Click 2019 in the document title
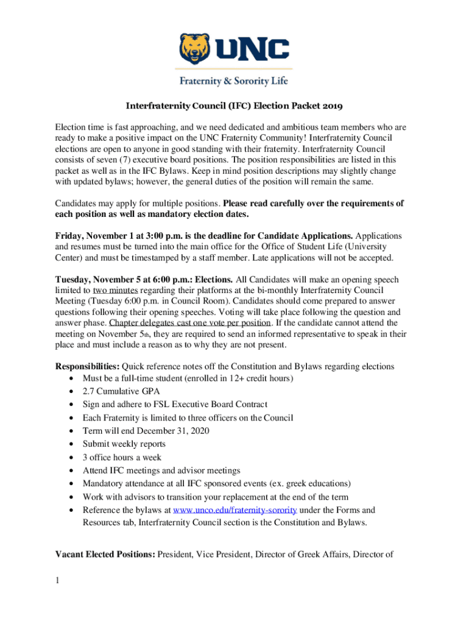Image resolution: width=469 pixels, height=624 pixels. [x=331, y=106]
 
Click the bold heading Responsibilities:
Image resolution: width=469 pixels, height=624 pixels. [x=87, y=366]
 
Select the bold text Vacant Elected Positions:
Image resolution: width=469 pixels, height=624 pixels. [x=105, y=555]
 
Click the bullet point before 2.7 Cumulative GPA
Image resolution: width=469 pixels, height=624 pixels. [x=73, y=392]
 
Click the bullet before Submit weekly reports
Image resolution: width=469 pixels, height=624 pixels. [x=73, y=444]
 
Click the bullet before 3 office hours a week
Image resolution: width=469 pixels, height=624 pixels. [x=73, y=458]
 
